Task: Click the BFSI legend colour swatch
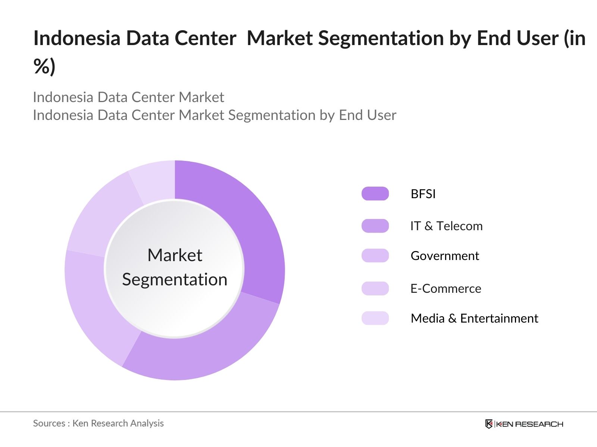(375, 194)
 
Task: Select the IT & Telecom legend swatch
(375, 226)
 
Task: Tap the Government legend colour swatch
(375, 256)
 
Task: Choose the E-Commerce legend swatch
(375, 288)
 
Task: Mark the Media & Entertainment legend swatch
(375, 318)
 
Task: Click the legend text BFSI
(423, 194)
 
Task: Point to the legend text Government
(445, 256)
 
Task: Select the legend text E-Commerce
(446, 289)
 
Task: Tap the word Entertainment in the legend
(499, 318)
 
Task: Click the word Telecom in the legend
(459, 226)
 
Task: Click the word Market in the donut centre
(175, 256)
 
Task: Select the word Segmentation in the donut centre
(175, 280)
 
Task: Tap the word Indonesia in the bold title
(76, 38)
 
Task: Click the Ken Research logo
(524, 424)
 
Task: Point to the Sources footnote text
(98, 423)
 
